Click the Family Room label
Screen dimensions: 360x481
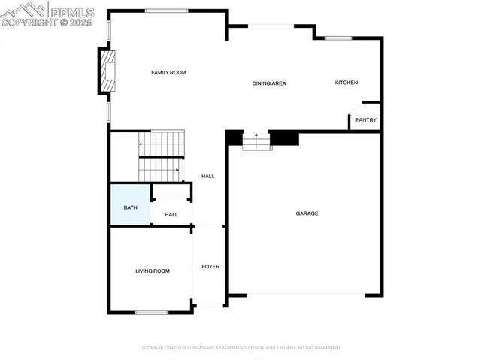(168, 72)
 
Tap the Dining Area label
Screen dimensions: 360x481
(269, 83)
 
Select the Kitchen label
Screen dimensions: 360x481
(346, 83)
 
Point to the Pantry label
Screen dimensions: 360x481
(366, 119)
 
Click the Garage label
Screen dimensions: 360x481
(307, 213)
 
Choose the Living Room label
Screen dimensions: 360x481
(152, 271)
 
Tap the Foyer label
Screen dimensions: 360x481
(210, 266)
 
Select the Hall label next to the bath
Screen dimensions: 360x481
(171, 214)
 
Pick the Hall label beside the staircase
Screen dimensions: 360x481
(208, 176)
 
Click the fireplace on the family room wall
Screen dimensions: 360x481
(107, 71)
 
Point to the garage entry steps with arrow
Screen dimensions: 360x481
(256, 141)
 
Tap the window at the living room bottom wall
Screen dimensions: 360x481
(151, 312)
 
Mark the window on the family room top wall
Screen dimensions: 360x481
(166, 11)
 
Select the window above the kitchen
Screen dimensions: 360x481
(338, 38)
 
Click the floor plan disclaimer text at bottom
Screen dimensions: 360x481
(240, 348)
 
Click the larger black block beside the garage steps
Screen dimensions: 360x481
(284, 138)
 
